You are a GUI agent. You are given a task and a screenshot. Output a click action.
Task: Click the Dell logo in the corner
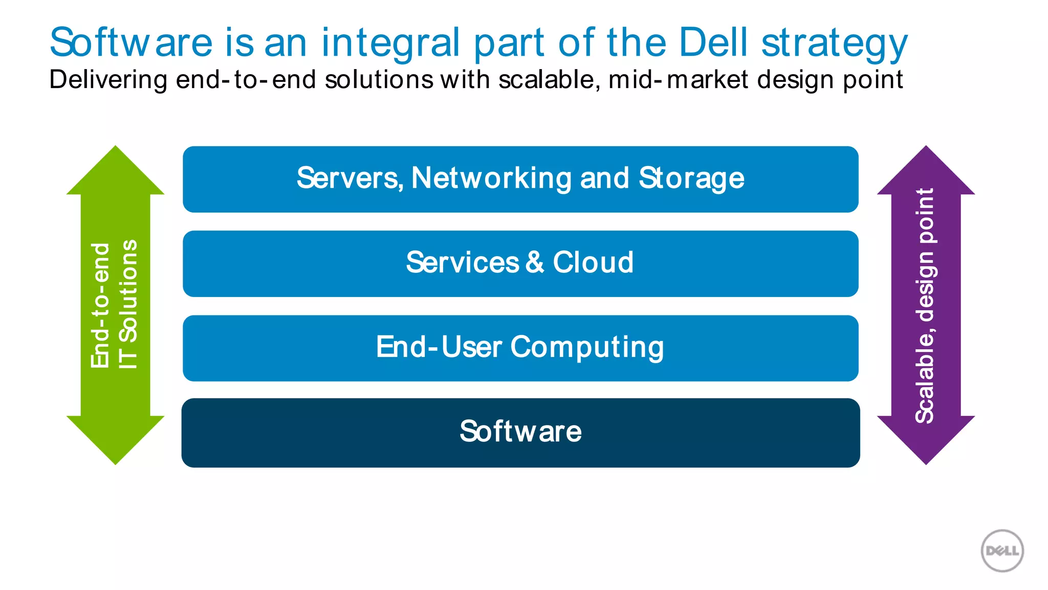1002,551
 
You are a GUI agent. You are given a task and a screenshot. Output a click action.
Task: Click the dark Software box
520,433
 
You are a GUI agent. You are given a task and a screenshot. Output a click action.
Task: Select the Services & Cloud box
520,264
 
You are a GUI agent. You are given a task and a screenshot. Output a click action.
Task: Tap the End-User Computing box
520,348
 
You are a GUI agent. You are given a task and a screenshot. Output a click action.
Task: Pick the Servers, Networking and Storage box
520,179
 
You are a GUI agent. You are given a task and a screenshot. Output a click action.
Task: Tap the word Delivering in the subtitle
108,80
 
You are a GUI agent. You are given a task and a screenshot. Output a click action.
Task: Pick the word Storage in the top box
691,179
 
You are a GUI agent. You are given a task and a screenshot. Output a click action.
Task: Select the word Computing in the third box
587,348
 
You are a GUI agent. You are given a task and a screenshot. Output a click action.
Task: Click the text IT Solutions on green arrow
128,304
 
